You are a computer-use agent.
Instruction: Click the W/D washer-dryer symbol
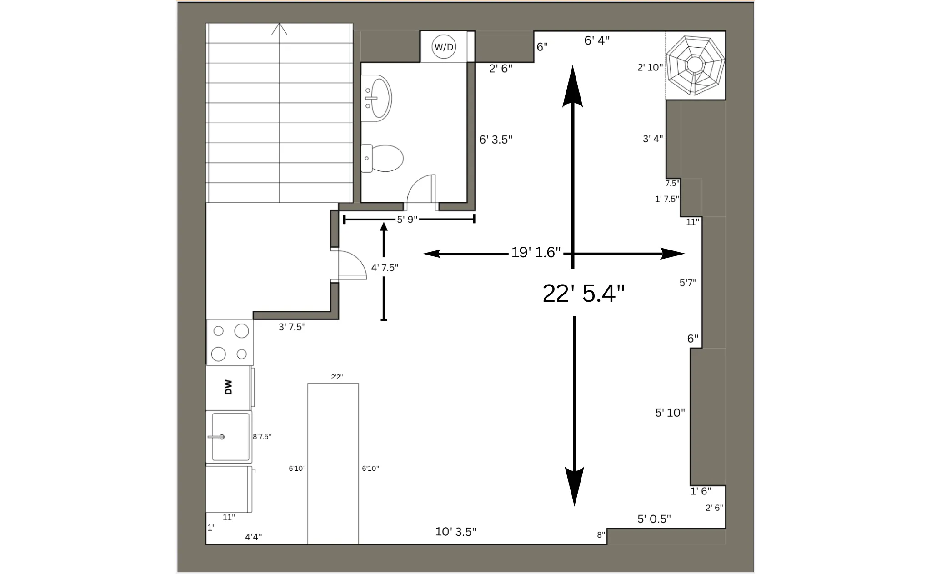[x=444, y=47]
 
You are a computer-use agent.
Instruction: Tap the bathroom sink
[x=378, y=98]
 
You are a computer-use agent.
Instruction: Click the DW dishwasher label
[x=228, y=387]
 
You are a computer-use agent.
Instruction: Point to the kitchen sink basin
[x=230, y=437]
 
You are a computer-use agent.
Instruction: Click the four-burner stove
[x=230, y=342]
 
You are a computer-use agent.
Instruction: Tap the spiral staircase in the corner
[x=695, y=65]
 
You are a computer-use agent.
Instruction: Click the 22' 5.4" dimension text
[x=584, y=294]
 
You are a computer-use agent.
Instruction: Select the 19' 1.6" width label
[x=536, y=253]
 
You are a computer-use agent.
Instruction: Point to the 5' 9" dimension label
[x=407, y=220]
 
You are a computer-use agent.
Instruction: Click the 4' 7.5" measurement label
[x=385, y=268]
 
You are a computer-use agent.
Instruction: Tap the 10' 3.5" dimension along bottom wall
[x=455, y=532]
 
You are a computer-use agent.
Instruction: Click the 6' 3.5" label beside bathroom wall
[x=496, y=140]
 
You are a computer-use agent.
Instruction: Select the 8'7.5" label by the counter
[x=262, y=437]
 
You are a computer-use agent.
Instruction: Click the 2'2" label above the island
[x=337, y=377]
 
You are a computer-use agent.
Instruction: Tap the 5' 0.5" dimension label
[x=654, y=519]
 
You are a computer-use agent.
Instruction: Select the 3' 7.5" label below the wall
[x=292, y=327]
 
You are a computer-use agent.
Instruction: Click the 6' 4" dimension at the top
[x=596, y=41]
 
